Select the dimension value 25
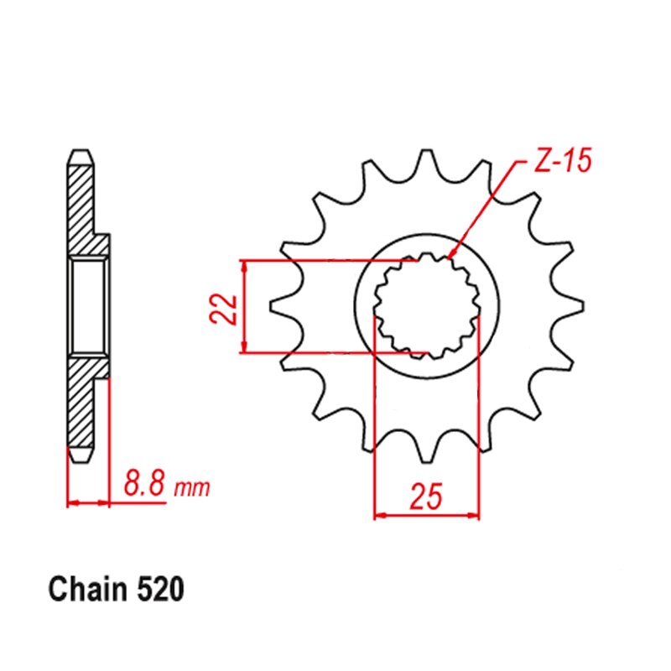click(x=426, y=497)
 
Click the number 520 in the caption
click(x=159, y=590)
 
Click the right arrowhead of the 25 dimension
click(x=474, y=514)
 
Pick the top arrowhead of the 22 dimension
click(x=244, y=265)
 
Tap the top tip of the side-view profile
click(x=79, y=154)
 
